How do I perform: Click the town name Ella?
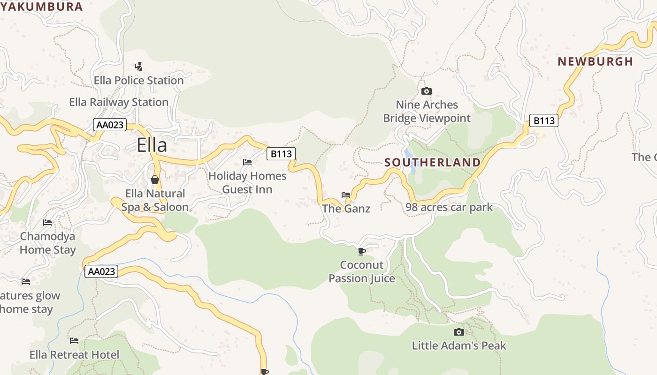click(152, 145)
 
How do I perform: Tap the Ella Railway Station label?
click(119, 102)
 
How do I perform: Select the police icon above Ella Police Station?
click(138, 66)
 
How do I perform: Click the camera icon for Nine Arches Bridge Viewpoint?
click(426, 91)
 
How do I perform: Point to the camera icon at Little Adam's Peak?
click(459, 332)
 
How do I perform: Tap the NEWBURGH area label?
click(595, 61)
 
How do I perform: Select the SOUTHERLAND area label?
click(432, 163)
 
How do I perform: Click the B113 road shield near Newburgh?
click(544, 120)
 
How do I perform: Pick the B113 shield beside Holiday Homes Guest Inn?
click(281, 153)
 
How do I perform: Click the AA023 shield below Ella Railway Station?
click(110, 125)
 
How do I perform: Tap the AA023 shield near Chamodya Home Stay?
click(101, 271)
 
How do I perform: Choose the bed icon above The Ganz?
click(346, 195)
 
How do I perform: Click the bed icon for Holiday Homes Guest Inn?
click(247, 162)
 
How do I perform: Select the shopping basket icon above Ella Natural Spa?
click(155, 180)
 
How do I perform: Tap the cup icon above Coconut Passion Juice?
click(361, 252)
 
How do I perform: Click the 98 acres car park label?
click(449, 207)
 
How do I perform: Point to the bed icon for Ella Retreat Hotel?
click(74, 341)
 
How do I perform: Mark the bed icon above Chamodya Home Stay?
click(47, 222)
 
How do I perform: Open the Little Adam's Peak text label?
click(459, 346)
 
